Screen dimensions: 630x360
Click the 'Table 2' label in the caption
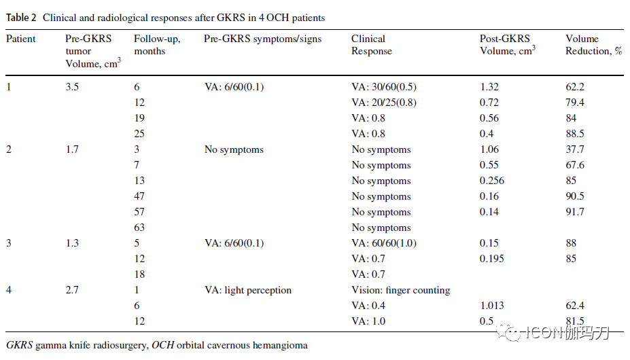(x=21, y=18)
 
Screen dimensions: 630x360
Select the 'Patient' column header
(x=21, y=39)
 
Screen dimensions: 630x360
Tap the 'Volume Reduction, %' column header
(x=594, y=45)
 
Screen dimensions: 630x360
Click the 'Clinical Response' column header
(x=372, y=45)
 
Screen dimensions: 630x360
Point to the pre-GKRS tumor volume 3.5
(x=72, y=87)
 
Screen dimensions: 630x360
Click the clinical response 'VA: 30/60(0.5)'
(x=384, y=87)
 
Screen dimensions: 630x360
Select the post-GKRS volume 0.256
(x=492, y=181)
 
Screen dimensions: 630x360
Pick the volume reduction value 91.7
(x=575, y=212)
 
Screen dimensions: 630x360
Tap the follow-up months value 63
(x=139, y=228)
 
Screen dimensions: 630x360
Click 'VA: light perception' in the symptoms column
(x=248, y=290)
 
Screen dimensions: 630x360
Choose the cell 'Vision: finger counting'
(x=401, y=290)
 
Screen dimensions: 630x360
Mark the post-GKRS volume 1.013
(x=492, y=306)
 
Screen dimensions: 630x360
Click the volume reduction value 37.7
(x=575, y=149)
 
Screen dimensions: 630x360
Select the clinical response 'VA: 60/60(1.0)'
(x=384, y=243)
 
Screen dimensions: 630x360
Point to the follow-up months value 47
(x=139, y=196)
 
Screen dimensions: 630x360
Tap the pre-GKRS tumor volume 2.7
(x=72, y=290)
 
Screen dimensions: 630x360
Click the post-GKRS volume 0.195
(x=492, y=259)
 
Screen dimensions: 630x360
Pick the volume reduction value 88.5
(x=575, y=134)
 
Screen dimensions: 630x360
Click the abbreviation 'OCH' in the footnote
(x=162, y=345)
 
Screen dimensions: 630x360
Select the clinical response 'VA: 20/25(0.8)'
(x=384, y=103)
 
